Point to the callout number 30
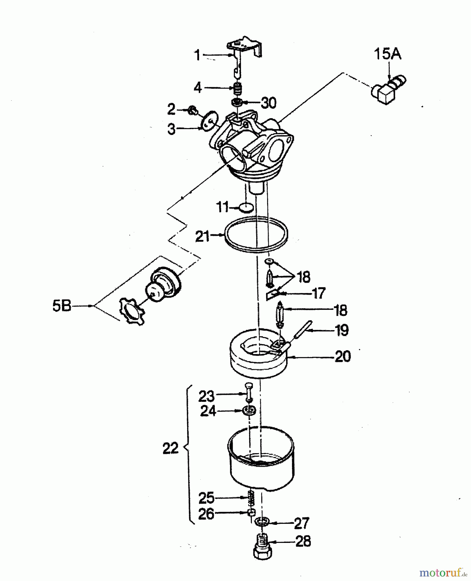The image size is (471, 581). click(x=268, y=103)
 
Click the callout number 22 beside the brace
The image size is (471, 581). click(x=171, y=448)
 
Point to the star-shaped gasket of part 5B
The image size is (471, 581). click(x=131, y=311)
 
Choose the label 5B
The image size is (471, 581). click(x=62, y=306)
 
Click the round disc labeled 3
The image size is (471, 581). click(x=209, y=121)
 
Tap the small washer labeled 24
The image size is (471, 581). click(x=250, y=411)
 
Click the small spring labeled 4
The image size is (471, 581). click(x=238, y=88)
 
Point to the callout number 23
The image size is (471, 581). click(x=206, y=396)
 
